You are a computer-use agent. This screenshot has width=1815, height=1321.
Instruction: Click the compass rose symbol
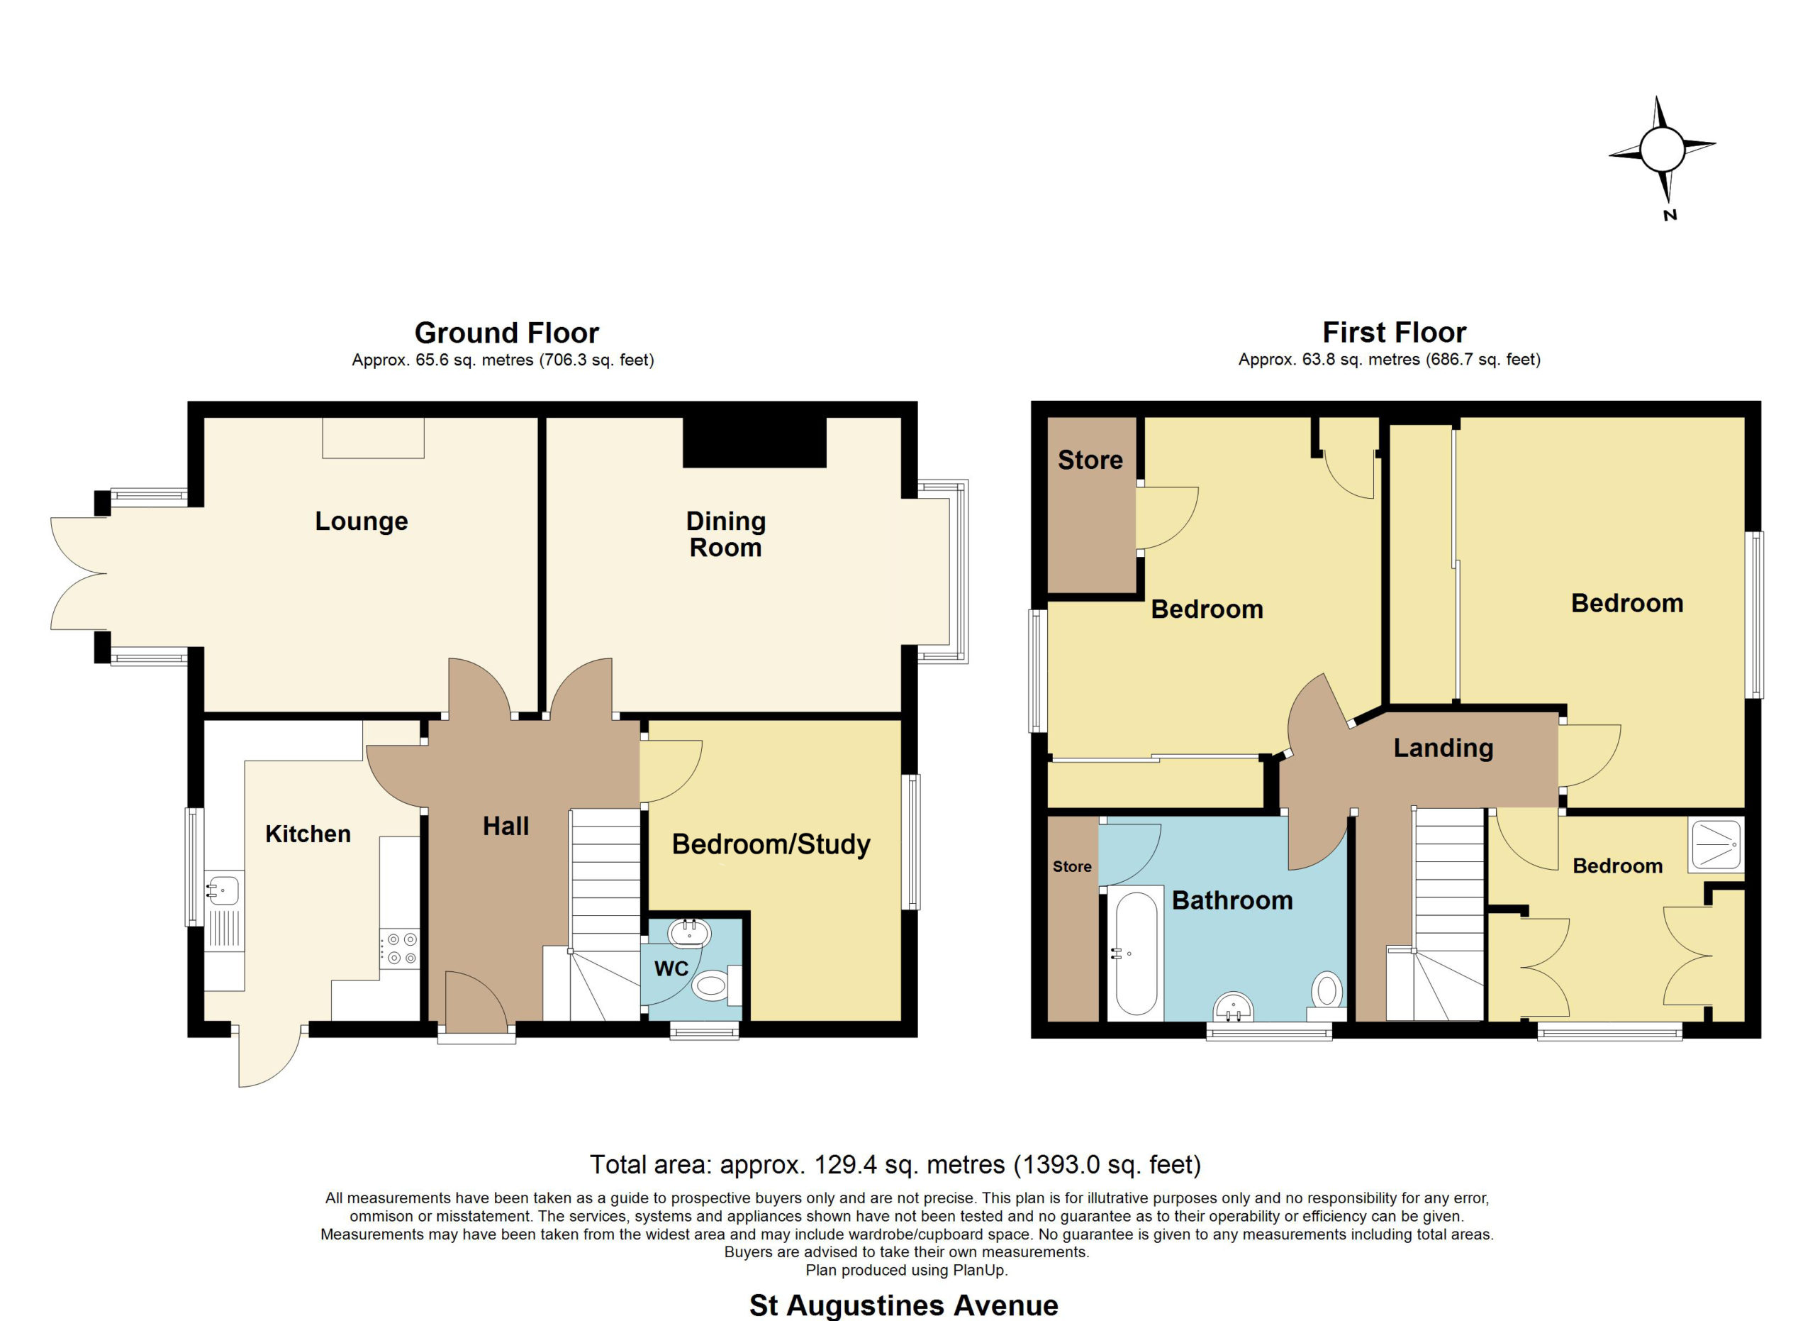click(x=1662, y=150)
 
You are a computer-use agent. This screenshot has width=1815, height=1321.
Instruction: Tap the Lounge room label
click(x=362, y=521)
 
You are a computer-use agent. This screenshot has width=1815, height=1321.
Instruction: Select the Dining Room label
click(x=726, y=534)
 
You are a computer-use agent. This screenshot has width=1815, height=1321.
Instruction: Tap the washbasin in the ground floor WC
click(x=690, y=933)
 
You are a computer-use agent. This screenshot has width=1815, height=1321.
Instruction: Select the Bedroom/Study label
click(x=771, y=845)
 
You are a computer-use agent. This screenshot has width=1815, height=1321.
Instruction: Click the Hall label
click(x=506, y=827)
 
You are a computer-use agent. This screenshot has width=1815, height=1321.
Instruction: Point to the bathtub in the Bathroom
click(x=1136, y=953)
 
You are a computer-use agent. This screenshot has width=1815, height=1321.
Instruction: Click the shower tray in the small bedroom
click(x=1716, y=846)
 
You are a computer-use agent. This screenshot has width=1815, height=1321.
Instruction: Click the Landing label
click(x=1443, y=748)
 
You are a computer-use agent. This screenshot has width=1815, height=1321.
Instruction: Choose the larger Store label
click(x=1090, y=460)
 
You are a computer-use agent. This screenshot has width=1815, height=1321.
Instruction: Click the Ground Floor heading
click(x=506, y=332)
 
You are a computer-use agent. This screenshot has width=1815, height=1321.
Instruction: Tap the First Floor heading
click(x=1394, y=332)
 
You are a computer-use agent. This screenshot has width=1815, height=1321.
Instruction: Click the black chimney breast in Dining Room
click(x=754, y=442)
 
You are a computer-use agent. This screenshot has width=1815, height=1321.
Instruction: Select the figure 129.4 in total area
click(x=840, y=1164)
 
